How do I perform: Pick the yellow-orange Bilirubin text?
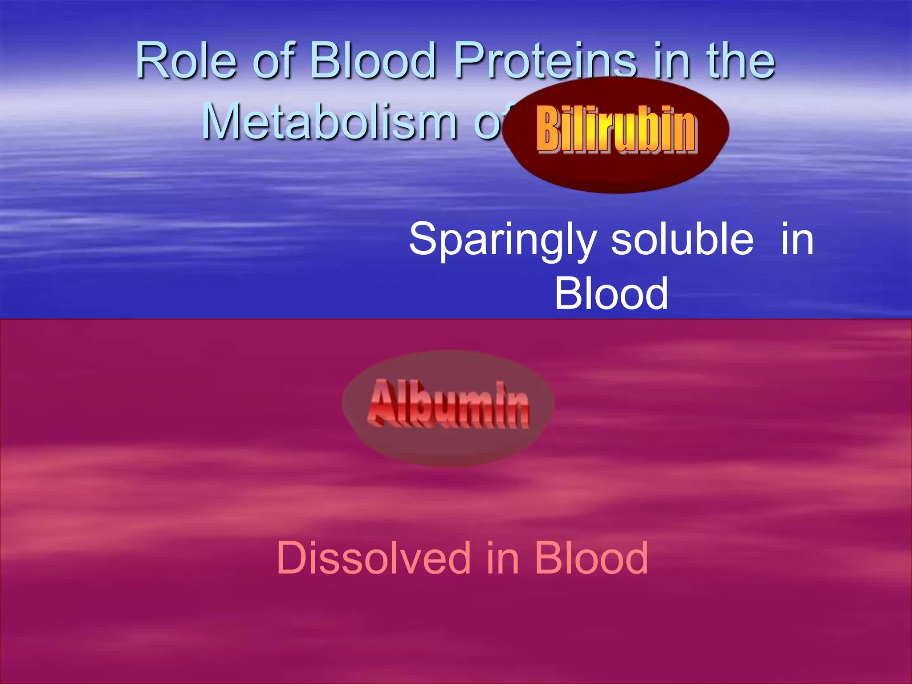click(616, 130)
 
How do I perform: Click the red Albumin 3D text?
click(449, 404)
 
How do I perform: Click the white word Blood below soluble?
click(611, 293)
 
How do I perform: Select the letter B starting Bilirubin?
click(547, 130)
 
